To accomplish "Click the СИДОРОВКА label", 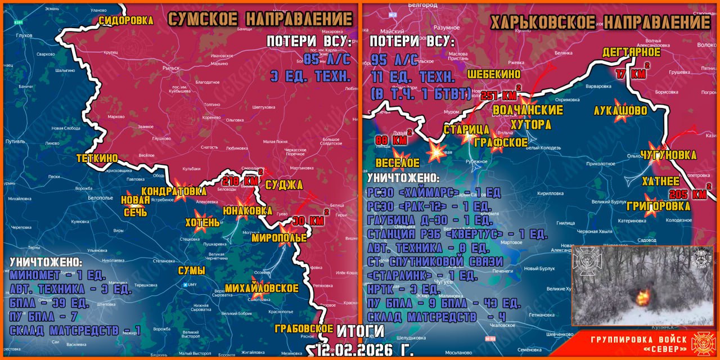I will (x=126, y=20).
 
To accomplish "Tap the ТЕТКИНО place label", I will (x=97, y=158).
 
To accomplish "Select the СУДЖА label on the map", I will (x=284, y=184).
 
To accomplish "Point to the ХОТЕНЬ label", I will (x=202, y=222).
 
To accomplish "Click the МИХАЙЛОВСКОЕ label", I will (x=262, y=288).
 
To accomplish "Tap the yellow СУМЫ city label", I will (x=191, y=271).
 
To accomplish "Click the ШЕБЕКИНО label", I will (x=494, y=74).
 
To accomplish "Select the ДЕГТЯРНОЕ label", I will (x=631, y=52).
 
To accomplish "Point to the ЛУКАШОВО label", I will (x=620, y=110).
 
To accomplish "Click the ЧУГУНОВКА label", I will (x=668, y=155).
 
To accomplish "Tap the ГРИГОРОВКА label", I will (x=659, y=206).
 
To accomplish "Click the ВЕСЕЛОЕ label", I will (x=397, y=163).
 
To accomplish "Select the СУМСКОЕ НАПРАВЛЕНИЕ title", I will (x=260, y=19).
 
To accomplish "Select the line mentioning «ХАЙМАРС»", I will (x=434, y=193).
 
